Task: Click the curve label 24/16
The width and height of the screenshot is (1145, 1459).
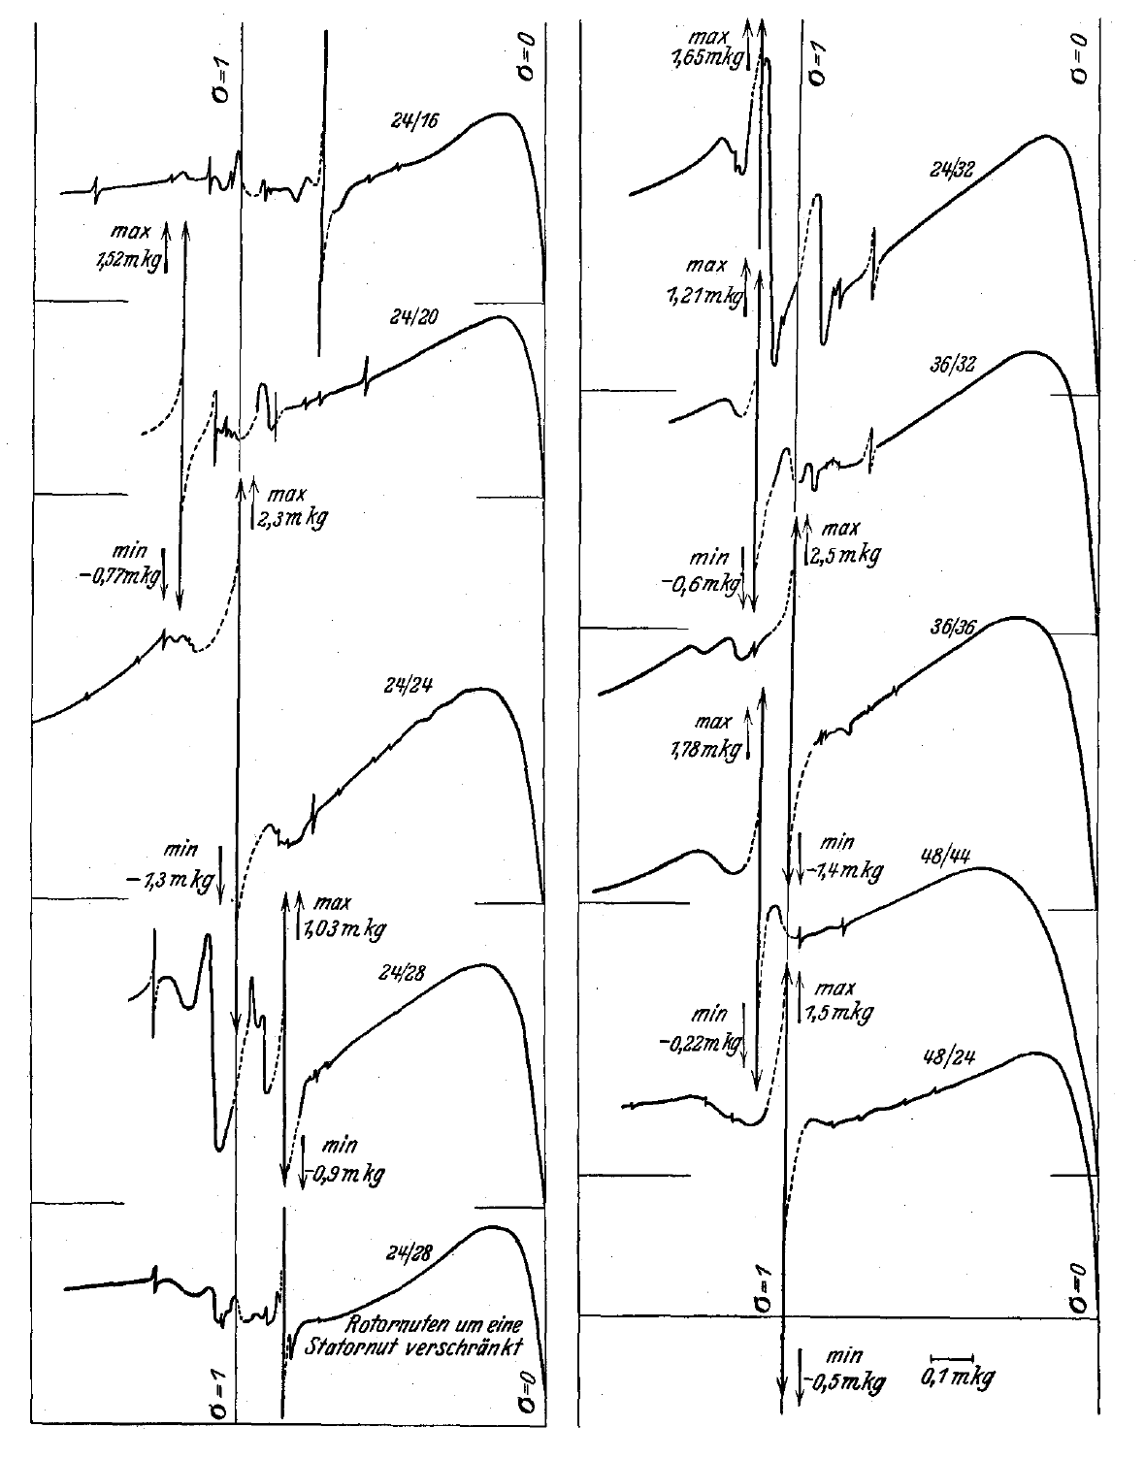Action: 415,121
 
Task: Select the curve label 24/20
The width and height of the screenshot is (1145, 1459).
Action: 414,316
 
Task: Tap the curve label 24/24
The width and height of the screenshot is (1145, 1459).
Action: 409,686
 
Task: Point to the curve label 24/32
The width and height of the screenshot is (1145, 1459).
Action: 952,169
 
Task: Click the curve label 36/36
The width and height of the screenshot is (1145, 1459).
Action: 953,627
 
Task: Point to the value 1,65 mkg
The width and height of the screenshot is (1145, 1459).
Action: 707,59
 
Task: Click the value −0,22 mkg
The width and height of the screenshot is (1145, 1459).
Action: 702,1044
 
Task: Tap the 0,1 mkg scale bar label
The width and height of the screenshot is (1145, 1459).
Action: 958,1378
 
